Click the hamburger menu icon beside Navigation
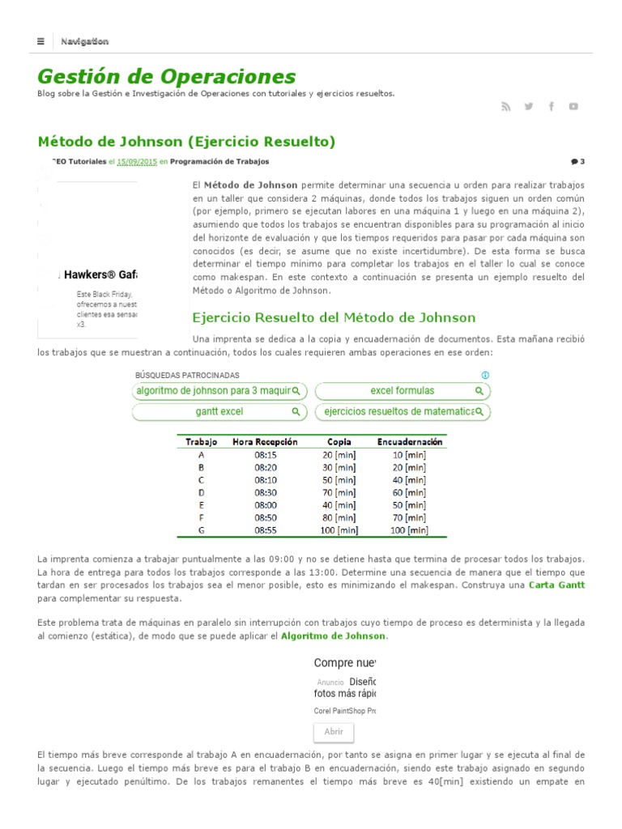click(40, 41)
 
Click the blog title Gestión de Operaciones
click(166, 77)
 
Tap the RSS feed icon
click(506, 106)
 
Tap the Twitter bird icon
click(529, 106)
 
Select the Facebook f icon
click(552, 106)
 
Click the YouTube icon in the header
click(573, 106)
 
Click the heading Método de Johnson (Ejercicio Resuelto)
click(186, 142)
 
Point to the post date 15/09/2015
click(137, 162)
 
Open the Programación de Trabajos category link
click(219, 162)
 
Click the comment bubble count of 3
click(577, 162)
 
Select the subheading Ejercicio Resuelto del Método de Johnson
click(334, 317)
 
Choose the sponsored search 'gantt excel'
click(219, 412)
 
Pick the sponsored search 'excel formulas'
click(403, 391)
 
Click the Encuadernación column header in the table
click(409, 442)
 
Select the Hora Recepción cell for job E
click(266, 505)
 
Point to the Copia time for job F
click(339, 517)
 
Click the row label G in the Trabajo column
click(201, 530)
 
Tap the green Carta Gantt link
click(556, 585)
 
